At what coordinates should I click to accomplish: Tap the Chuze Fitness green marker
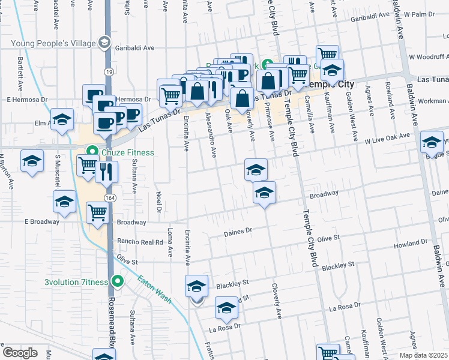[x=92, y=152]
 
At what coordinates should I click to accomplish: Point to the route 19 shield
[x=108, y=71]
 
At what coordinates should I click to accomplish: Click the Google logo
[x=20, y=352]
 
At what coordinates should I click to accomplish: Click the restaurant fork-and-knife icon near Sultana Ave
[x=106, y=172]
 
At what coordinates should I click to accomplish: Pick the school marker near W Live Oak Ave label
[x=432, y=142]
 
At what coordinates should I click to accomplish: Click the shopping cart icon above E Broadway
[x=97, y=212]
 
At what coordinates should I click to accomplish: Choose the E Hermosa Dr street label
[x=26, y=99]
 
